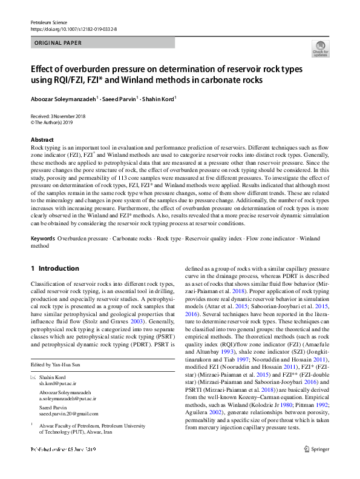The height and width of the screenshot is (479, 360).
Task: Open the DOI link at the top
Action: click(x=73, y=28)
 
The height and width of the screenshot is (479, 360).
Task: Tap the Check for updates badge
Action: click(x=320, y=49)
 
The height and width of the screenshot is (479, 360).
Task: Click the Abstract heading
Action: click(x=42, y=140)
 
